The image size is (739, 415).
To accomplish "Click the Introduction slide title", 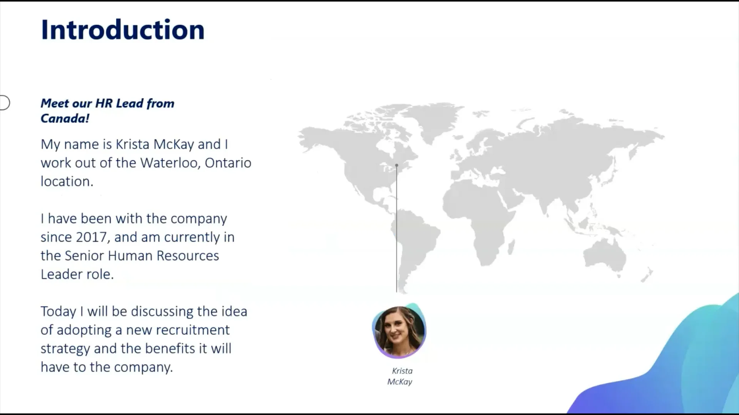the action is coord(123,30).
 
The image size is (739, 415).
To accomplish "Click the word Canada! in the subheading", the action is coord(65,118).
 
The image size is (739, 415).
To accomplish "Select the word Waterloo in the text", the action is coord(169,163).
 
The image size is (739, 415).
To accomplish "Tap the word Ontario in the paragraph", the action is coord(228,163).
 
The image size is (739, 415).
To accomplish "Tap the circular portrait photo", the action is coord(399,331).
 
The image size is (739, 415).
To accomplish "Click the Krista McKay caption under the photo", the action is coord(400,376).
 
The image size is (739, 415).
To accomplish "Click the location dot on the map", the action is coord(396,165).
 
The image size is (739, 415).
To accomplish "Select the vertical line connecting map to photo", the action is coord(396,229).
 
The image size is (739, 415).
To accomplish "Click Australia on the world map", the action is coord(604,252).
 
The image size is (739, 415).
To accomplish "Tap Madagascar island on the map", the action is coord(511,247).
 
